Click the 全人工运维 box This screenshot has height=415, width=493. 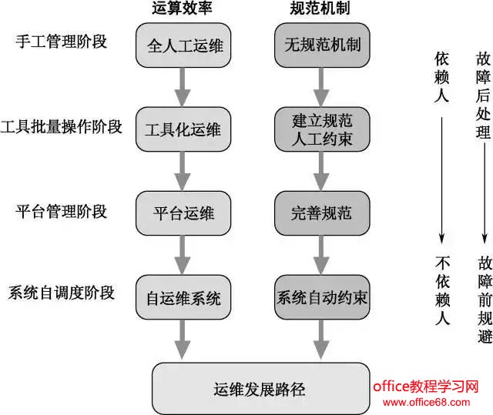point(183,45)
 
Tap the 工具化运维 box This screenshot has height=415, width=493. point(183,130)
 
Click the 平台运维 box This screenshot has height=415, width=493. point(183,213)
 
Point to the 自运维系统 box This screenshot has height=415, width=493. point(183,297)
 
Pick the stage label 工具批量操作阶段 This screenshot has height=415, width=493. point(62,126)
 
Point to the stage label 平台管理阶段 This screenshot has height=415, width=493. point(62,210)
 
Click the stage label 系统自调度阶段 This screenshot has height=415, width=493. point(62,293)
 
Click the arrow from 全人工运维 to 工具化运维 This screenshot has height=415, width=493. point(183,88)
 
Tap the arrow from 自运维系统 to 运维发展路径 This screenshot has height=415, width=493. point(183,340)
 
